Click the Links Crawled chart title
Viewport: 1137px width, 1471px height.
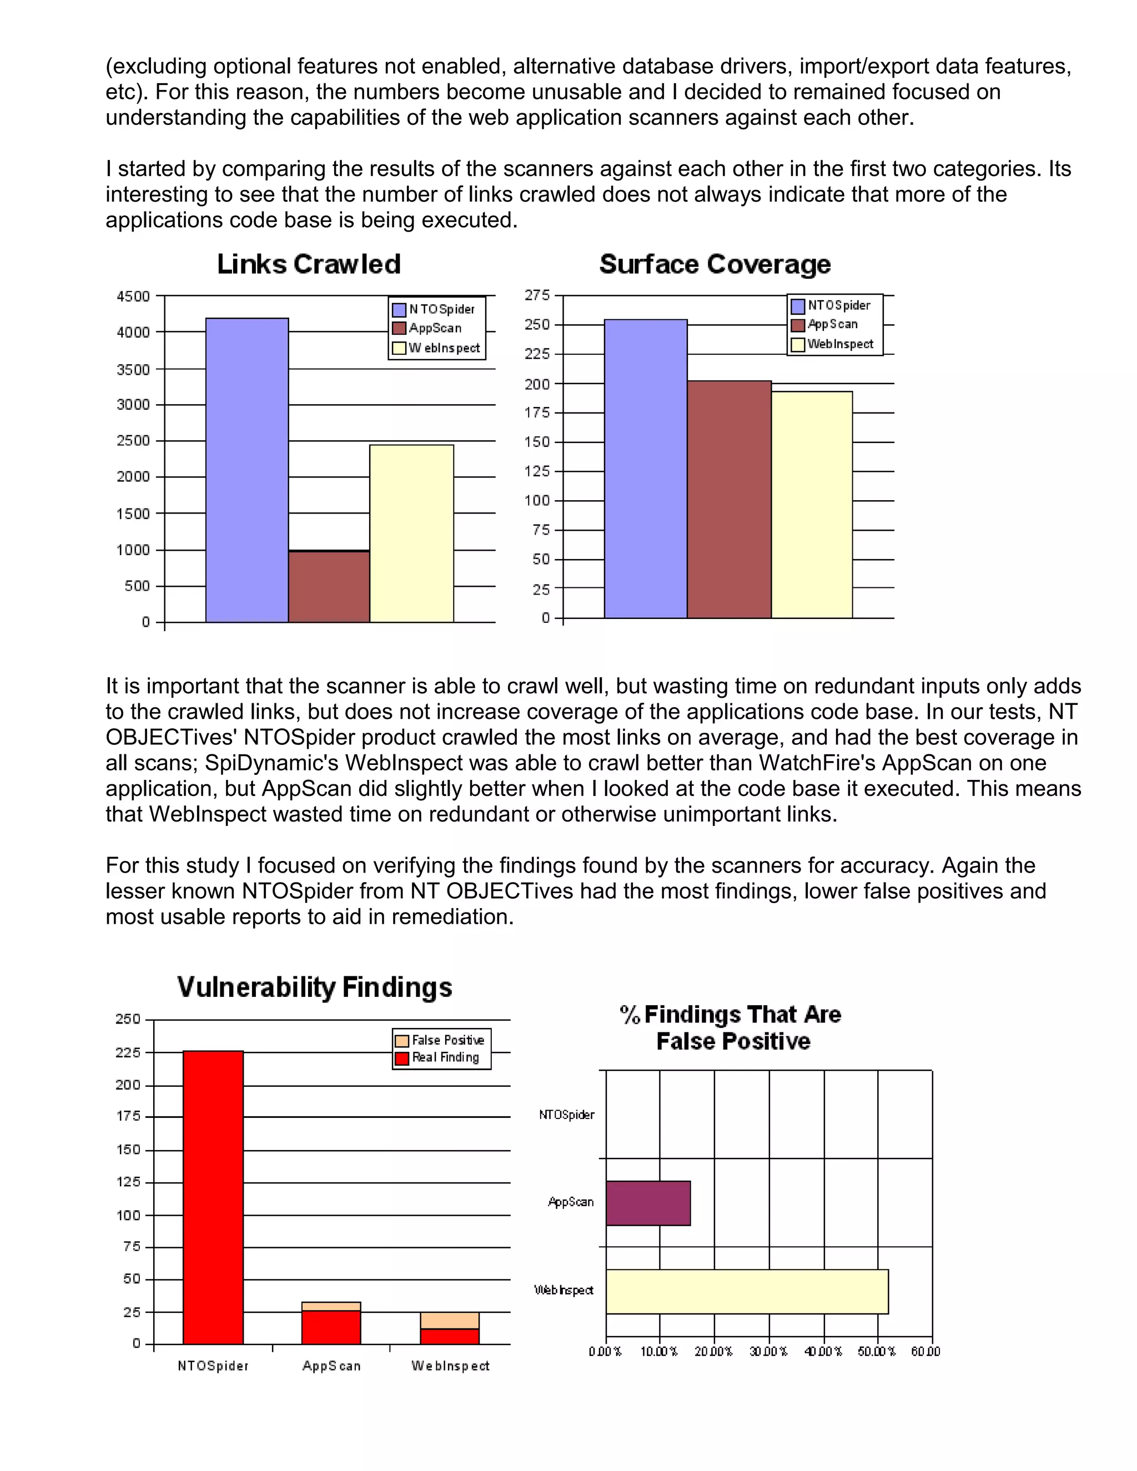309,264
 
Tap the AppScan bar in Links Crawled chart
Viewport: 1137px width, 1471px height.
329,587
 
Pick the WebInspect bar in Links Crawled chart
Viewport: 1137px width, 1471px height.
411,533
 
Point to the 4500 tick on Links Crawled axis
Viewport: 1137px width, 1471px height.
133,296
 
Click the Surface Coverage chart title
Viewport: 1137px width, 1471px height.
715,264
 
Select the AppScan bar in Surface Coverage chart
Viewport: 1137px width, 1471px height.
729,499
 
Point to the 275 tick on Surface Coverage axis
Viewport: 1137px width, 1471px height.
537,295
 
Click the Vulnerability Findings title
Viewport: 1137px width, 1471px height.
315,988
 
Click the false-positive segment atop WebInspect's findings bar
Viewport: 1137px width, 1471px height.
449,1320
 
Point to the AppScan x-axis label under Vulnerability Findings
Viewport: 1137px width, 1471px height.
331,1366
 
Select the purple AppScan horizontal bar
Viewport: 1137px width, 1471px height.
648,1203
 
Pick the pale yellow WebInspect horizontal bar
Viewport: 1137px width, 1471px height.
746,1291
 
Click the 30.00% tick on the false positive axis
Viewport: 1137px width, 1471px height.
768,1352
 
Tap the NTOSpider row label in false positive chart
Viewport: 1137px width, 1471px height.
566,1115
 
